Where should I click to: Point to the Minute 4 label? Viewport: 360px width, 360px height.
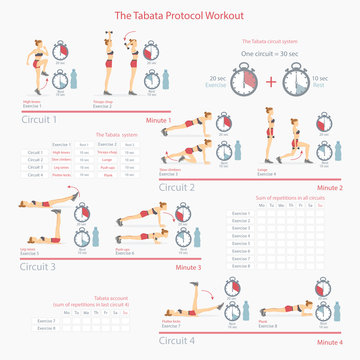coord(329,343)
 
